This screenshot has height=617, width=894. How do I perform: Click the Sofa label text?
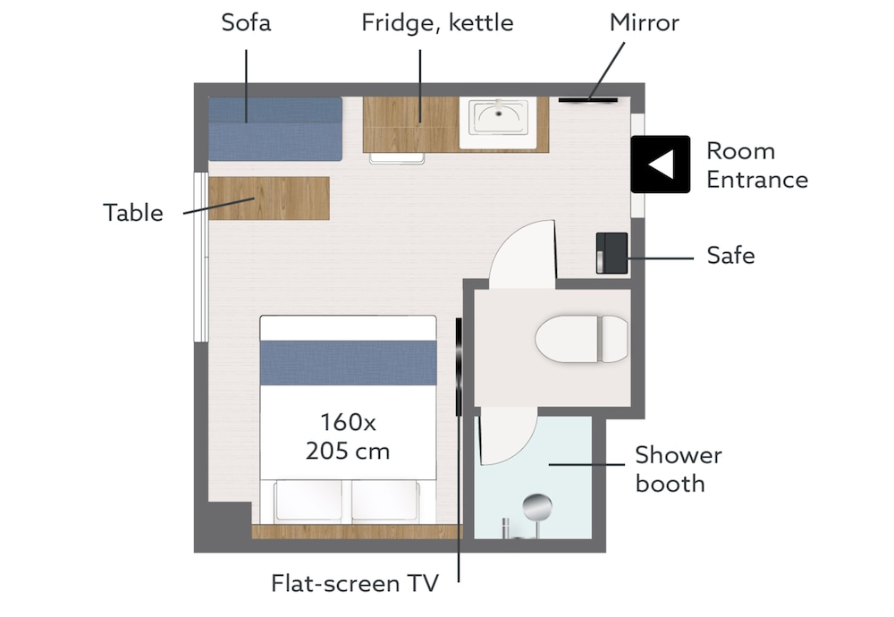(246, 23)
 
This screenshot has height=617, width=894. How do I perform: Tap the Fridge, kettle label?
(437, 23)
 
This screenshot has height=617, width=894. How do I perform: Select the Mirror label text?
(645, 23)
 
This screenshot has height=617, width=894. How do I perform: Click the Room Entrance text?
(757, 165)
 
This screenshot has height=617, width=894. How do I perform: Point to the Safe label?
(730, 255)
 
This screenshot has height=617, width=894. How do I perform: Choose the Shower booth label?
(679, 469)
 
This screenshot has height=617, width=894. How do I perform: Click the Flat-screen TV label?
(355, 583)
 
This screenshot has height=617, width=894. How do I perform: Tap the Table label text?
(133, 213)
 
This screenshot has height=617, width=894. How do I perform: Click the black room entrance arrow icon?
(661, 165)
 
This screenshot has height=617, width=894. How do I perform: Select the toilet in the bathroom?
(581, 339)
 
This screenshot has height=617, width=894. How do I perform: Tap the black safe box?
(611, 253)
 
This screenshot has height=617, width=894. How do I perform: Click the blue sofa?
(275, 129)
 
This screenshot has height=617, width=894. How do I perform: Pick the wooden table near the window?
(269, 199)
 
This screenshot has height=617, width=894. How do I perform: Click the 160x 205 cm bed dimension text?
(348, 436)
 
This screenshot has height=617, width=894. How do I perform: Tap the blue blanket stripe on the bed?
(349, 363)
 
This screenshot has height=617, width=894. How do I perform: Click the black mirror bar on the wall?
(588, 100)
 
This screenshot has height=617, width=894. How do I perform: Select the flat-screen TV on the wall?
(459, 367)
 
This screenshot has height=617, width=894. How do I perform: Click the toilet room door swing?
(522, 254)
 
